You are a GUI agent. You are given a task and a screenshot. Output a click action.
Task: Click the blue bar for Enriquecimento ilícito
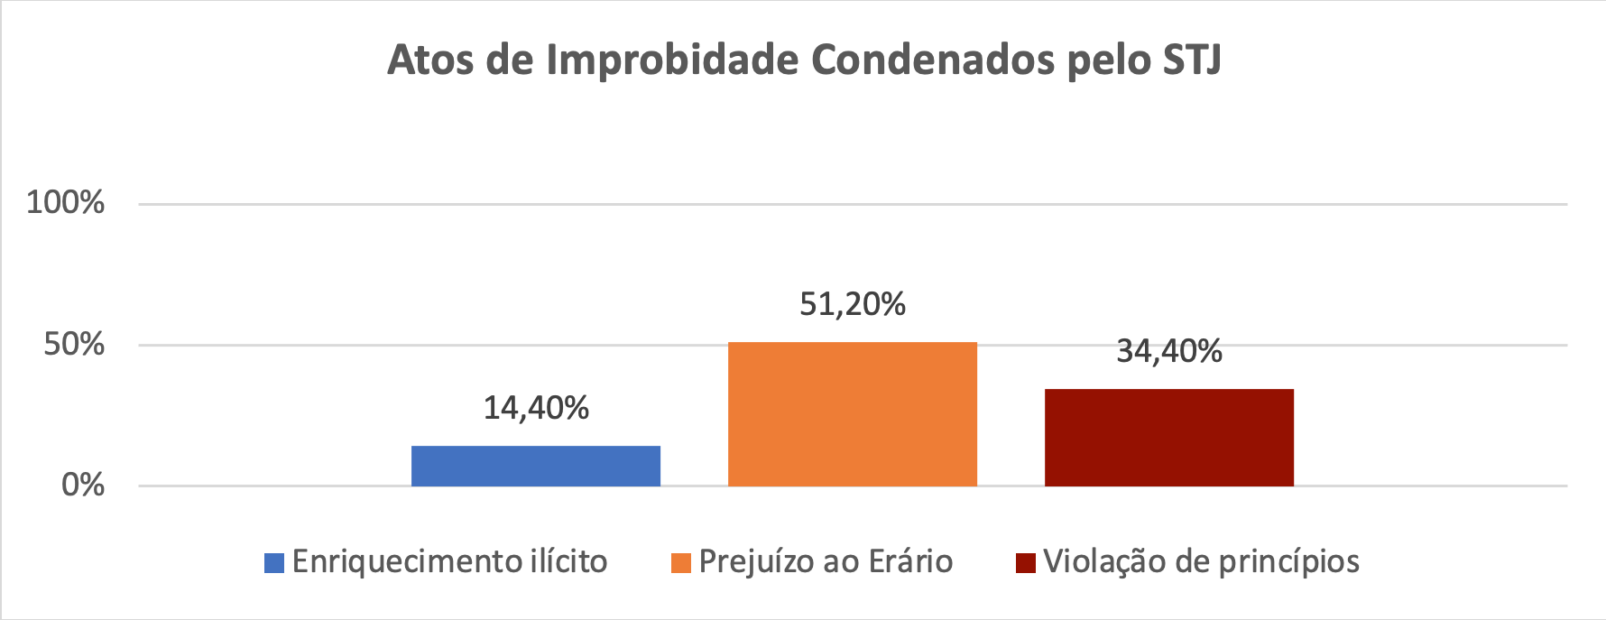[536, 466]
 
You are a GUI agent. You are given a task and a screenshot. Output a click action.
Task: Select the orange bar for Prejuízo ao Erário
[853, 414]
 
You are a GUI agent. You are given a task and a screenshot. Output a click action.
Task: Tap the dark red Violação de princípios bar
[1169, 438]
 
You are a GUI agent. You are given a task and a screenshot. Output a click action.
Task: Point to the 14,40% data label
[536, 408]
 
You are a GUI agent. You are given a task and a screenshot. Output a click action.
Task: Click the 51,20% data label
[853, 304]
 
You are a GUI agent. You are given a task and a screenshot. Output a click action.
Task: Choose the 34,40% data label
[1169, 351]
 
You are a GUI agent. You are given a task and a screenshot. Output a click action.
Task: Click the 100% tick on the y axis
[66, 202]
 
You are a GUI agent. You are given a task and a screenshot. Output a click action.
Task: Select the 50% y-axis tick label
[74, 344]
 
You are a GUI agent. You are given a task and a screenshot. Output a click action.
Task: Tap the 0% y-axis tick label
[83, 486]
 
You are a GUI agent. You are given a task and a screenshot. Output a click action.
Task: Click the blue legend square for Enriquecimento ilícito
[274, 563]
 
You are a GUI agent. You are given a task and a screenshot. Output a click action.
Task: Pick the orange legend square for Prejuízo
[681, 563]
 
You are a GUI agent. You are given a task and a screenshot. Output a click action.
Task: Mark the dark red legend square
[1026, 563]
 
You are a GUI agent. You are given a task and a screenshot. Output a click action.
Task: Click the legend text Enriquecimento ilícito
[449, 561]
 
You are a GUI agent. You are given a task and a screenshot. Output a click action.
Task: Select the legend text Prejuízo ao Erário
[826, 561]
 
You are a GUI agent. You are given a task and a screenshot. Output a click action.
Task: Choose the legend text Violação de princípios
[1201, 561]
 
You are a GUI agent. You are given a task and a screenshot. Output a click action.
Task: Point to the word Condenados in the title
[932, 60]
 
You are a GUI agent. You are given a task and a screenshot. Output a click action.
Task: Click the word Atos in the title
[431, 60]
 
